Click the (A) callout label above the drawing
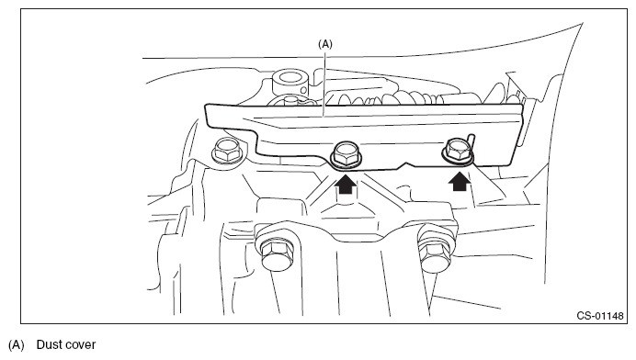tap(325, 44)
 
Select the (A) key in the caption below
tap(17, 345)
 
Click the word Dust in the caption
tap(49, 344)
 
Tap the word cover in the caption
tap(80, 345)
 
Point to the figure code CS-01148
tap(600, 316)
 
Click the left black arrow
tap(346, 184)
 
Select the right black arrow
tap(460, 181)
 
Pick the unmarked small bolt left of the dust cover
tap(227, 150)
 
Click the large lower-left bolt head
tap(276, 253)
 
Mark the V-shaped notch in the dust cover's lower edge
tap(407, 164)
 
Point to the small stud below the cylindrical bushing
tap(290, 100)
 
